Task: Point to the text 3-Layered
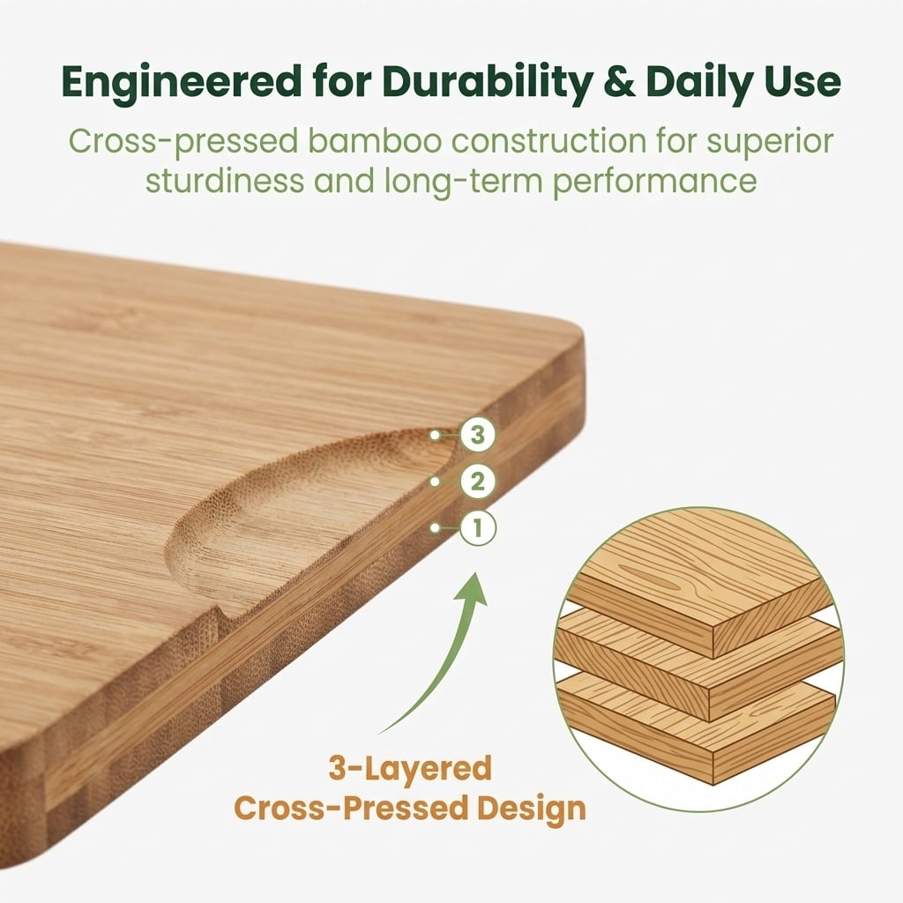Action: (410, 768)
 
